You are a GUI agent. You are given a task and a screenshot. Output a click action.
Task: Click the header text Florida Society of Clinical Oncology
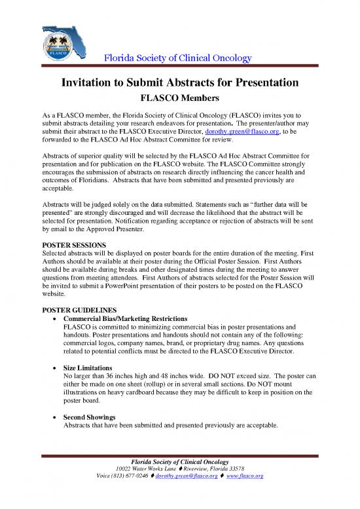click(179, 59)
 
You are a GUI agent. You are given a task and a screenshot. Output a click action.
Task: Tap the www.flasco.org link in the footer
click(244, 478)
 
